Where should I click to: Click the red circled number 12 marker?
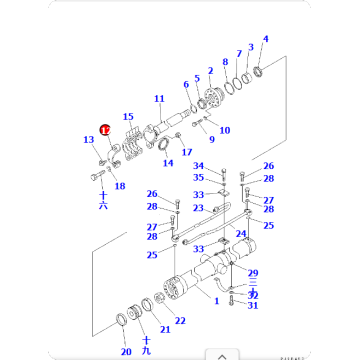105,129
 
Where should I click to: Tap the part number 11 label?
158,98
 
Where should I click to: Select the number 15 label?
128,117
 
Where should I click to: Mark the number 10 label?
224,130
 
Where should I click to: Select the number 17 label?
187,152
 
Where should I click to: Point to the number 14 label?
167,162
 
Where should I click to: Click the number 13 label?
88,141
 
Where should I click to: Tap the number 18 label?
120,186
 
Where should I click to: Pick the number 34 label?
198,165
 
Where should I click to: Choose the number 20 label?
126,352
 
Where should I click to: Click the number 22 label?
180,321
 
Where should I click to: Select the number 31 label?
253,305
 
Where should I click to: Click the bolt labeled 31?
233,299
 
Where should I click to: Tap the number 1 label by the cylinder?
216,299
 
